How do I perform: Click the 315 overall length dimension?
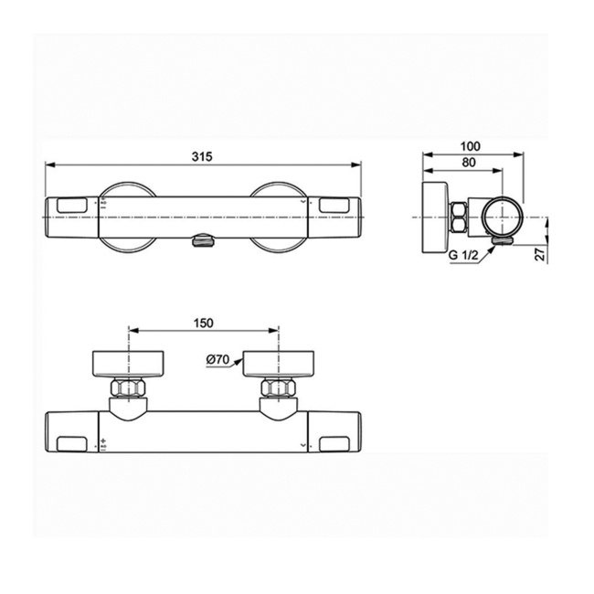coord(202,156)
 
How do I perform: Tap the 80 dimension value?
coord(469,163)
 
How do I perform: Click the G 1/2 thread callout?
coord(464,256)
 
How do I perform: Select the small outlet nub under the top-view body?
coord(202,241)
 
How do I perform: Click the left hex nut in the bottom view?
coord(127,389)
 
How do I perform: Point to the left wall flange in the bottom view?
coord(127,363)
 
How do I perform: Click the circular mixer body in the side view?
coord(502,217)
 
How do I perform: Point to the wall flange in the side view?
coord(434,217)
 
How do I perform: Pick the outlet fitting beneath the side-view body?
coord(501,241)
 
